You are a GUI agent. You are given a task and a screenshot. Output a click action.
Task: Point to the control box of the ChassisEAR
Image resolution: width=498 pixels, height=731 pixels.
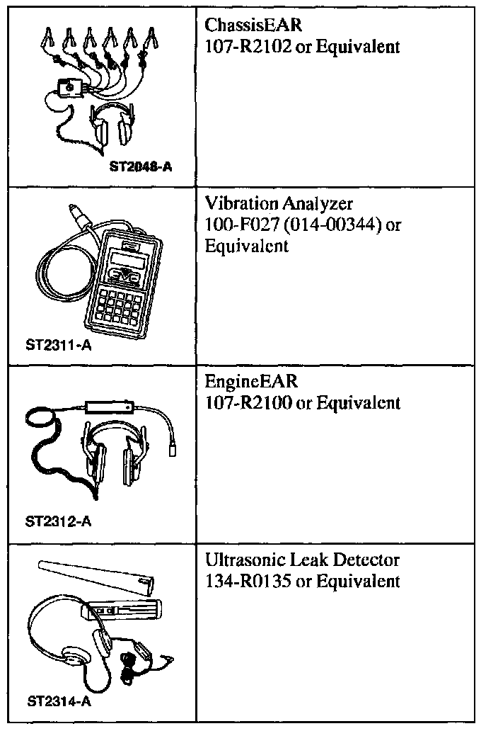71,89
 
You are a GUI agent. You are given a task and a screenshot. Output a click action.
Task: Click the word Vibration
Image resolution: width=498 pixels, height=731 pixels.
241,203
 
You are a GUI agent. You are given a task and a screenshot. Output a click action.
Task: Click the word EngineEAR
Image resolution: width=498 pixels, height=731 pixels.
251,381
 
